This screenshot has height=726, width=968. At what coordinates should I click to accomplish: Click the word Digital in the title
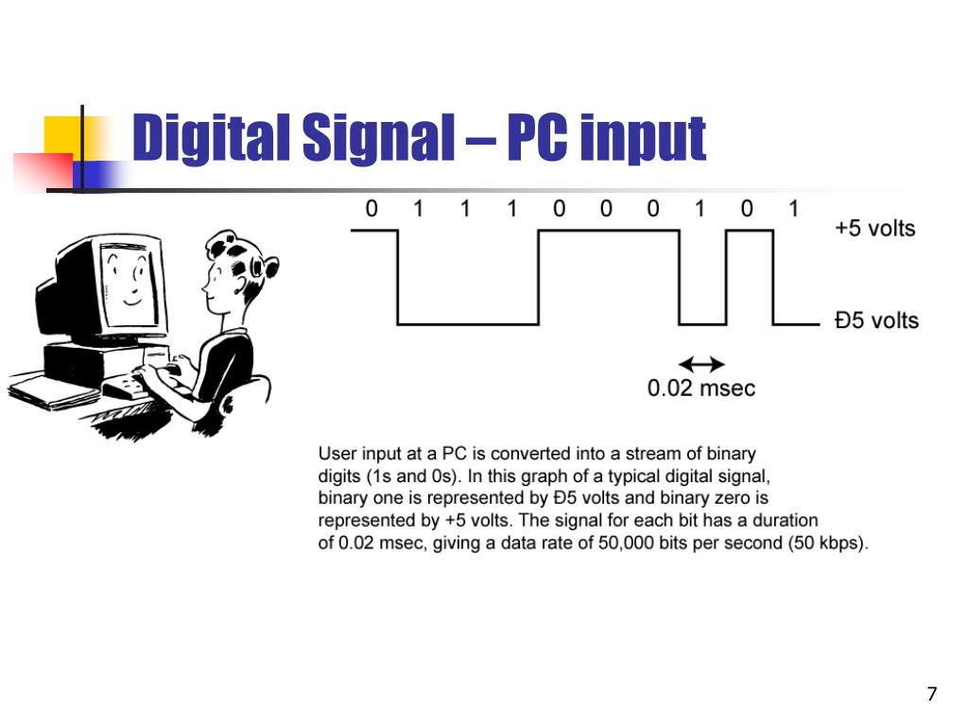coord(211,138)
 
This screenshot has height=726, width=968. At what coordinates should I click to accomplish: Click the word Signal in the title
coord(378,138)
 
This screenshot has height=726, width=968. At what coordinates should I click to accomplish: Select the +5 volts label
coord(874,229)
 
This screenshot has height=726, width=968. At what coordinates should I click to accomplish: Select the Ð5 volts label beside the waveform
coord(876,320)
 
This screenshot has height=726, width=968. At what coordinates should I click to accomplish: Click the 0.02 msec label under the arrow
coord(701,389)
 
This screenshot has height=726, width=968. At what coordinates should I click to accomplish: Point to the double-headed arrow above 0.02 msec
coord(702,364)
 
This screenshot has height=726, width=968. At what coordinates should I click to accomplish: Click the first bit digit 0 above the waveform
coord(372,209)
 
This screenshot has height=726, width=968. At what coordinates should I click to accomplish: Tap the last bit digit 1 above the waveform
coord(794,209)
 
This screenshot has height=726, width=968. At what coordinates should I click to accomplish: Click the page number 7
coord(932,694)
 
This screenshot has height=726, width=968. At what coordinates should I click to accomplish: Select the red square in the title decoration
coord(42,172)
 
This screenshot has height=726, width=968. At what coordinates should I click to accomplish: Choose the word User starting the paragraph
coord(337,454)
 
